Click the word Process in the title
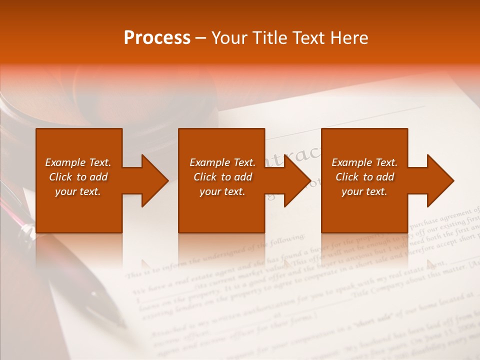pos(157,38)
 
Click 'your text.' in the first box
pos(78,191)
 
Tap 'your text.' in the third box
pos(364,191)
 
